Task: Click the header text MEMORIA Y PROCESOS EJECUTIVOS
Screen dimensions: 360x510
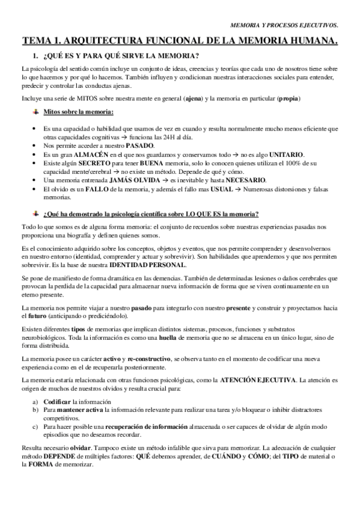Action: pyautogui.click(x=284, y=25)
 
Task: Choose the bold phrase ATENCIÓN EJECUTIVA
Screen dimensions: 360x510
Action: pyautogui.click(x=258, y=381)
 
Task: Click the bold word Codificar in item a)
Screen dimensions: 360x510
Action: pyautogui.click(x=57, y=401)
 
